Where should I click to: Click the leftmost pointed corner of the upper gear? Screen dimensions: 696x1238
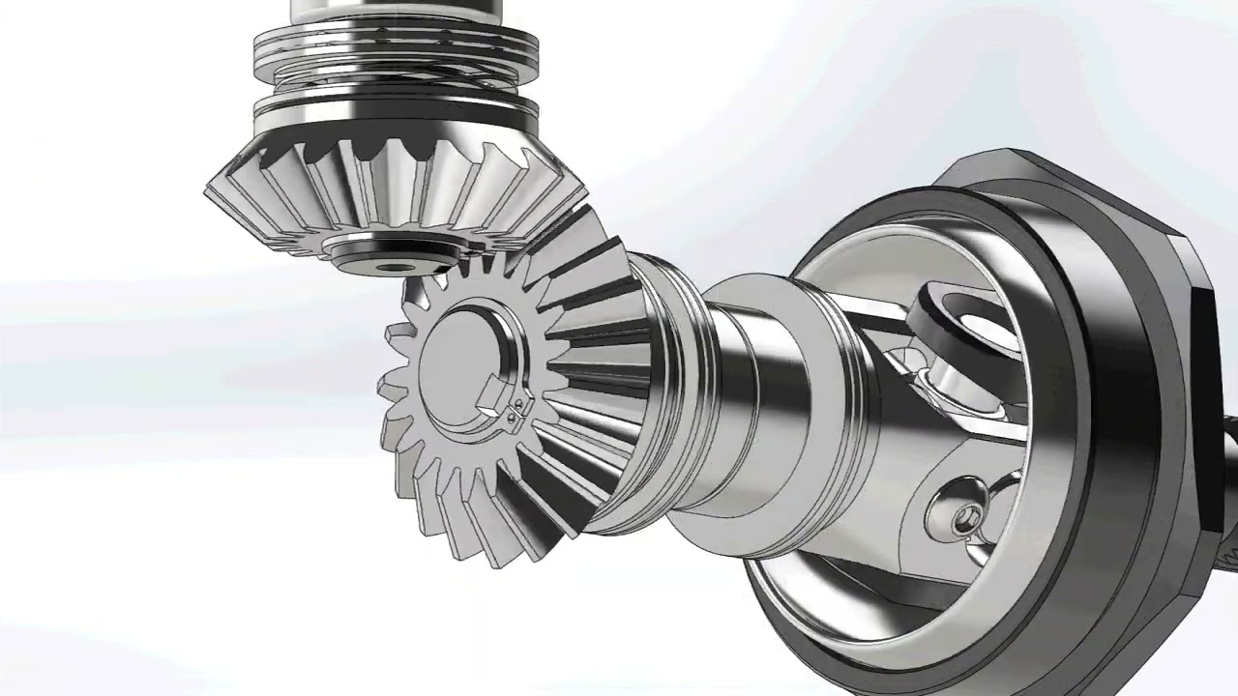click(x=207, y=192)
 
